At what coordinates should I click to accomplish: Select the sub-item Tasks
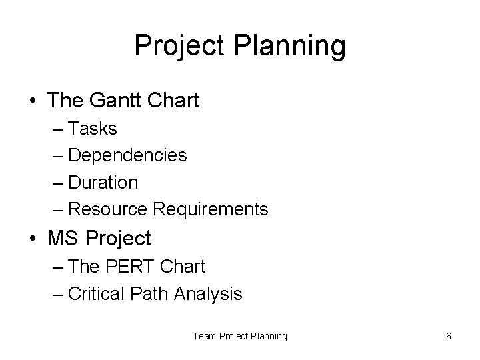coord(93,128)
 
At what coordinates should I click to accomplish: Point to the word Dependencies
coord(127,155)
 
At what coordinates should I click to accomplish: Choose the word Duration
coord(103,182)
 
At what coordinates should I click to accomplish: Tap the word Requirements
coord(211,209)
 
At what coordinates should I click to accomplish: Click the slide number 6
coord(449,336)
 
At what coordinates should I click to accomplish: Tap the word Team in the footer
coord(204,336)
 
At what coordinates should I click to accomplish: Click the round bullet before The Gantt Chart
coord(33,101)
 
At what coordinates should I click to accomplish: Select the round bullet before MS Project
coord(33,239)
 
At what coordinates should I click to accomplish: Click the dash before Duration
coord(57,183)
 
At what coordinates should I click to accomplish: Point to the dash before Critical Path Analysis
coord(57,294)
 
